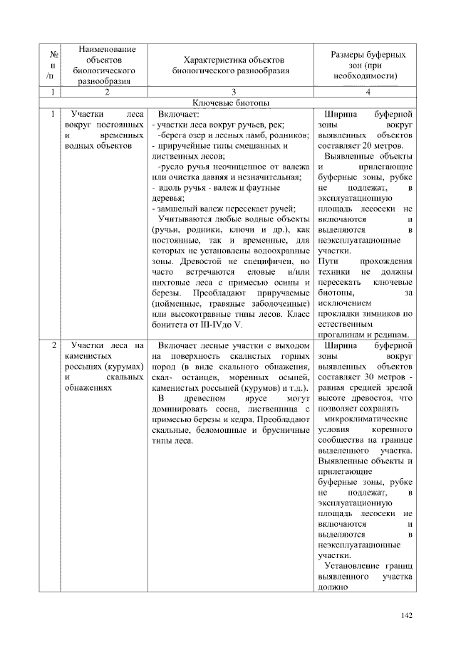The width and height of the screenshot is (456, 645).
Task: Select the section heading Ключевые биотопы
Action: pos(232,104)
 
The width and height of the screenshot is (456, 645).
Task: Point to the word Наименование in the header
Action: pos(106,49)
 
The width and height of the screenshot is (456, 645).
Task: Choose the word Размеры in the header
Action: pos(350,54)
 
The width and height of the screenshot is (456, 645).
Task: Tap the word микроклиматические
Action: pos(366,420)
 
